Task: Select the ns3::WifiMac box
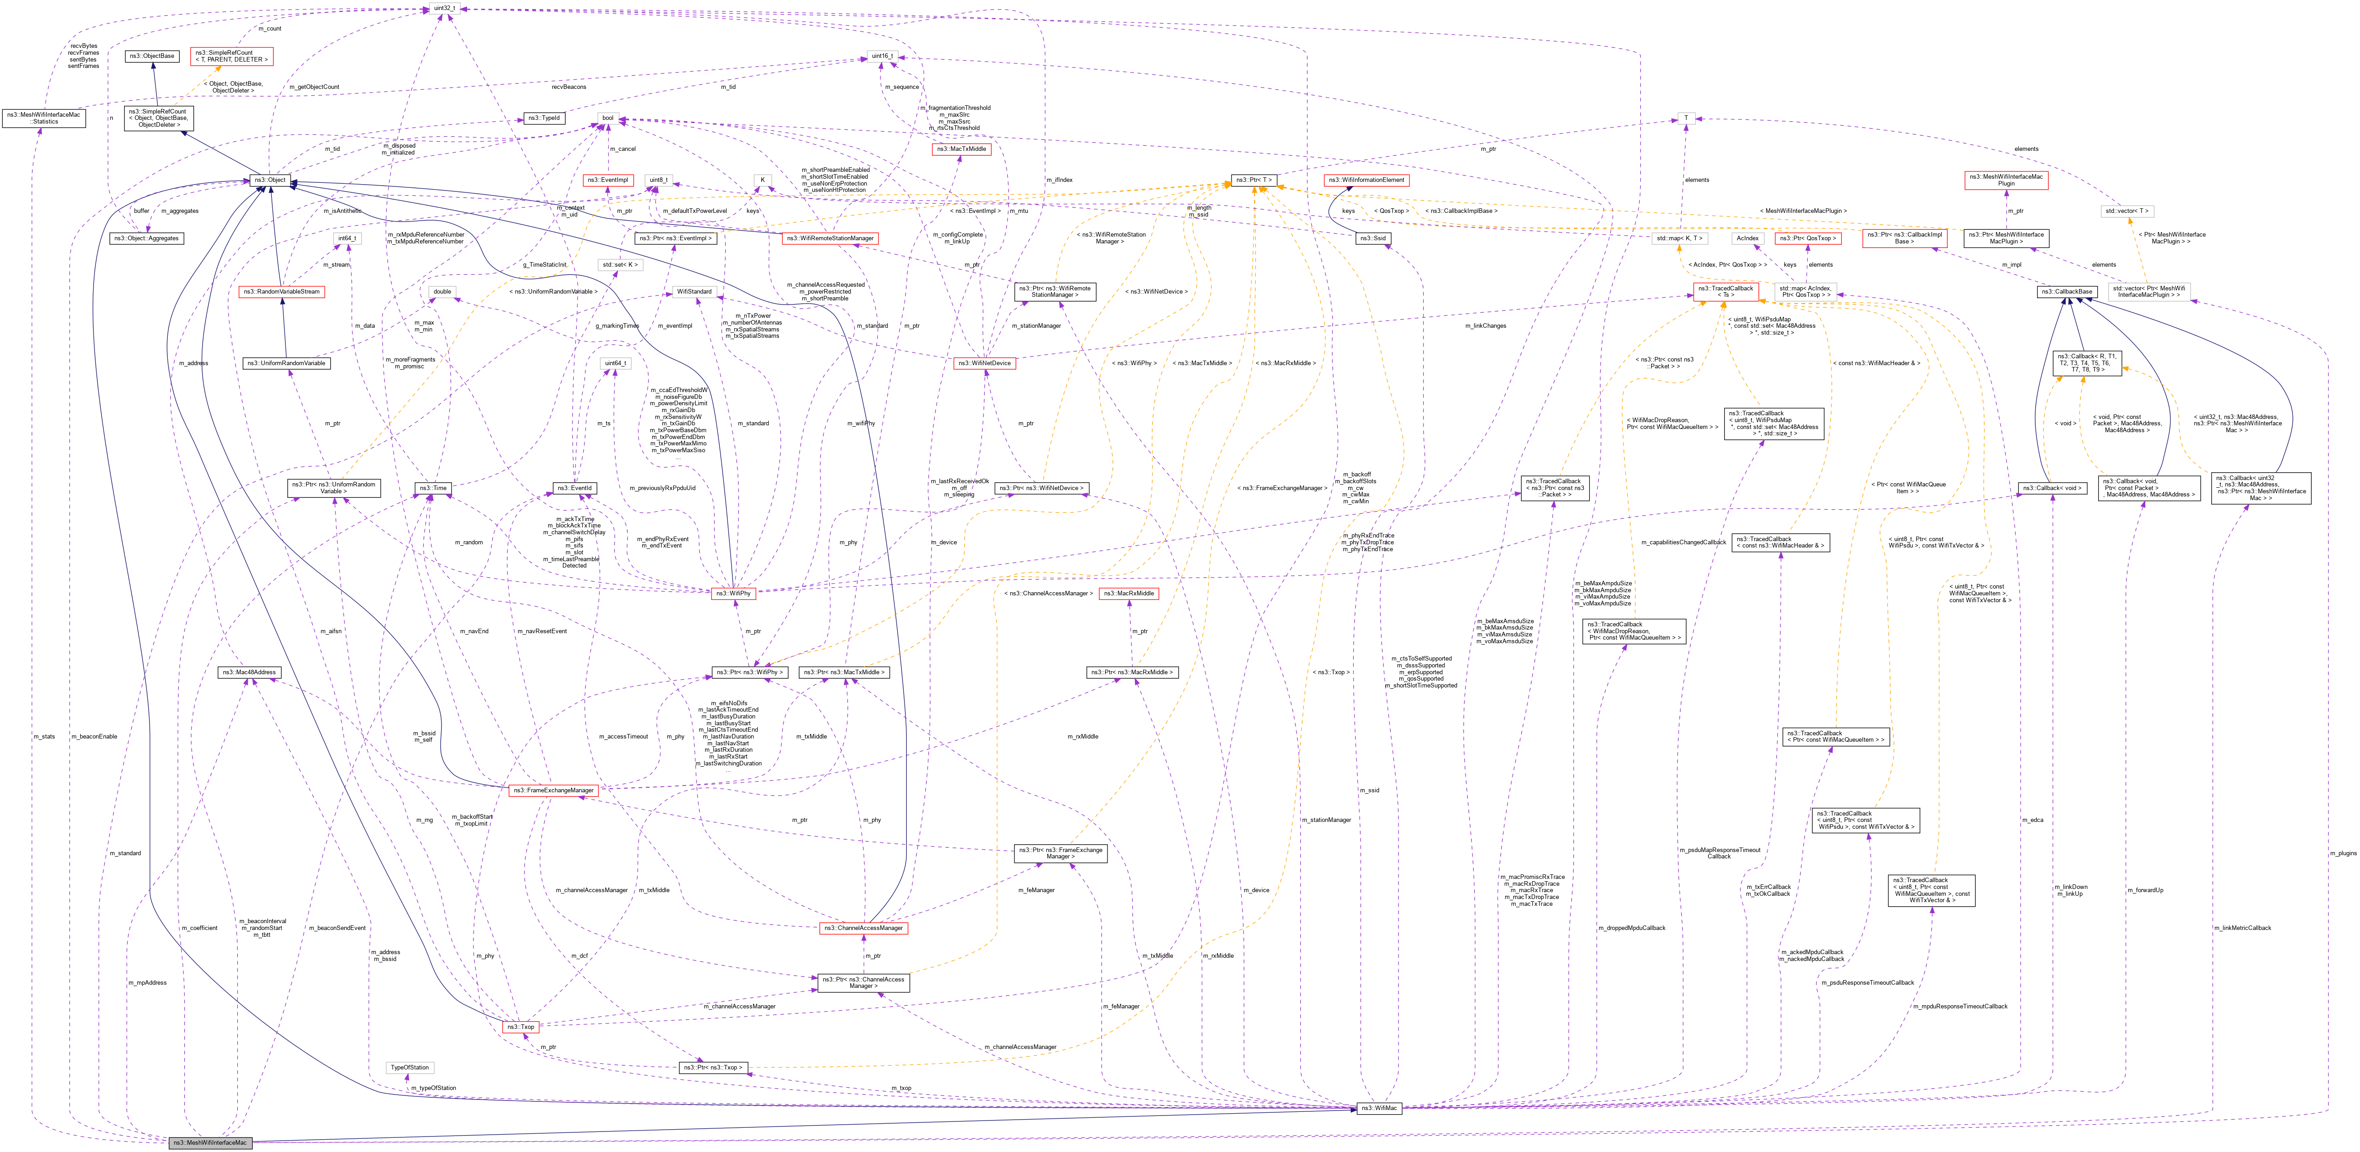tap(1379, 1108)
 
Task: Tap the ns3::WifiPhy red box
tap(733, 593)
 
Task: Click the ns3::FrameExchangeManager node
tap(553, 790)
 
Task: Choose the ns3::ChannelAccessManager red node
tap(863, 928)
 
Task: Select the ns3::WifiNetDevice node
tap(985, 362)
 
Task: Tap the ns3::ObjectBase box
tap(151, 56)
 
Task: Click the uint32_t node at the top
tap(444, 8)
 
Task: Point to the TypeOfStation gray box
tap(410, 1067)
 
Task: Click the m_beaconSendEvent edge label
tap(337, 928)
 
